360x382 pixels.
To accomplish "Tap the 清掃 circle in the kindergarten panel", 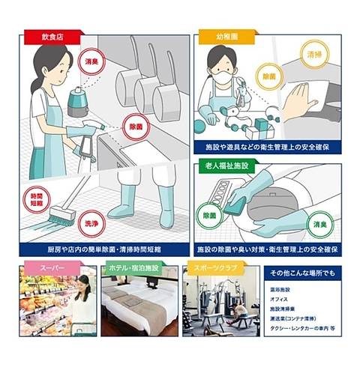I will pos(313,55).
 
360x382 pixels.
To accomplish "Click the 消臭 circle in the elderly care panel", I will pos(319,222).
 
